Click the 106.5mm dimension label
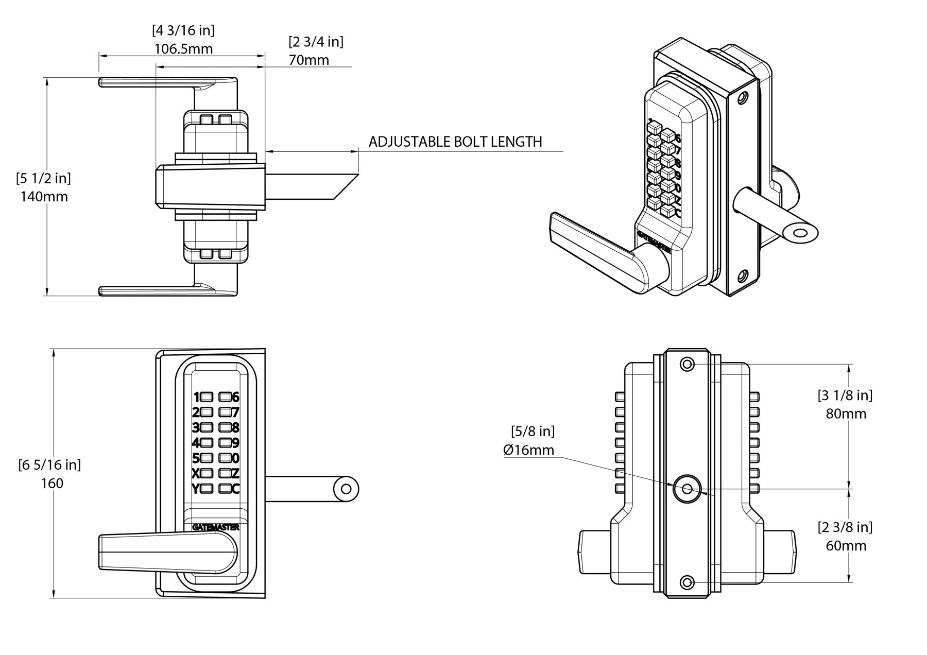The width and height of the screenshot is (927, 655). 183,49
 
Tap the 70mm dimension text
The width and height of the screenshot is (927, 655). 308,60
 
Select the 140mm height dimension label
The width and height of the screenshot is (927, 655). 44,197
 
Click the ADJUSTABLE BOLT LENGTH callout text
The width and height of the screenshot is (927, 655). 455,142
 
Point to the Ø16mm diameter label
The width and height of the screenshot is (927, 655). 529,450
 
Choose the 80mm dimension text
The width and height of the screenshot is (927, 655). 846,413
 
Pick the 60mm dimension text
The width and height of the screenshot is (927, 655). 846,545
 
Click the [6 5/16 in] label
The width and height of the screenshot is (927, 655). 49,464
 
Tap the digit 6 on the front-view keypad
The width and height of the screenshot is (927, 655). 236,397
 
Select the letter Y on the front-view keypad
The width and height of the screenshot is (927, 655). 195,489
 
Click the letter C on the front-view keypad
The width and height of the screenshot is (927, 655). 236,489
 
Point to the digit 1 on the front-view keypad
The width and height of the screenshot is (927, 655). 196,397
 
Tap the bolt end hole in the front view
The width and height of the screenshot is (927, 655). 346,489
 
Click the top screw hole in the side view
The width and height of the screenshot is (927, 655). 687,365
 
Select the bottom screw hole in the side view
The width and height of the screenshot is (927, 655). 687,582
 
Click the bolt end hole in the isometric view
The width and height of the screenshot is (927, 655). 800,234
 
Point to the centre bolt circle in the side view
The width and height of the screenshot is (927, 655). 687,489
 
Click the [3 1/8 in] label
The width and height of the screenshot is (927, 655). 845,395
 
